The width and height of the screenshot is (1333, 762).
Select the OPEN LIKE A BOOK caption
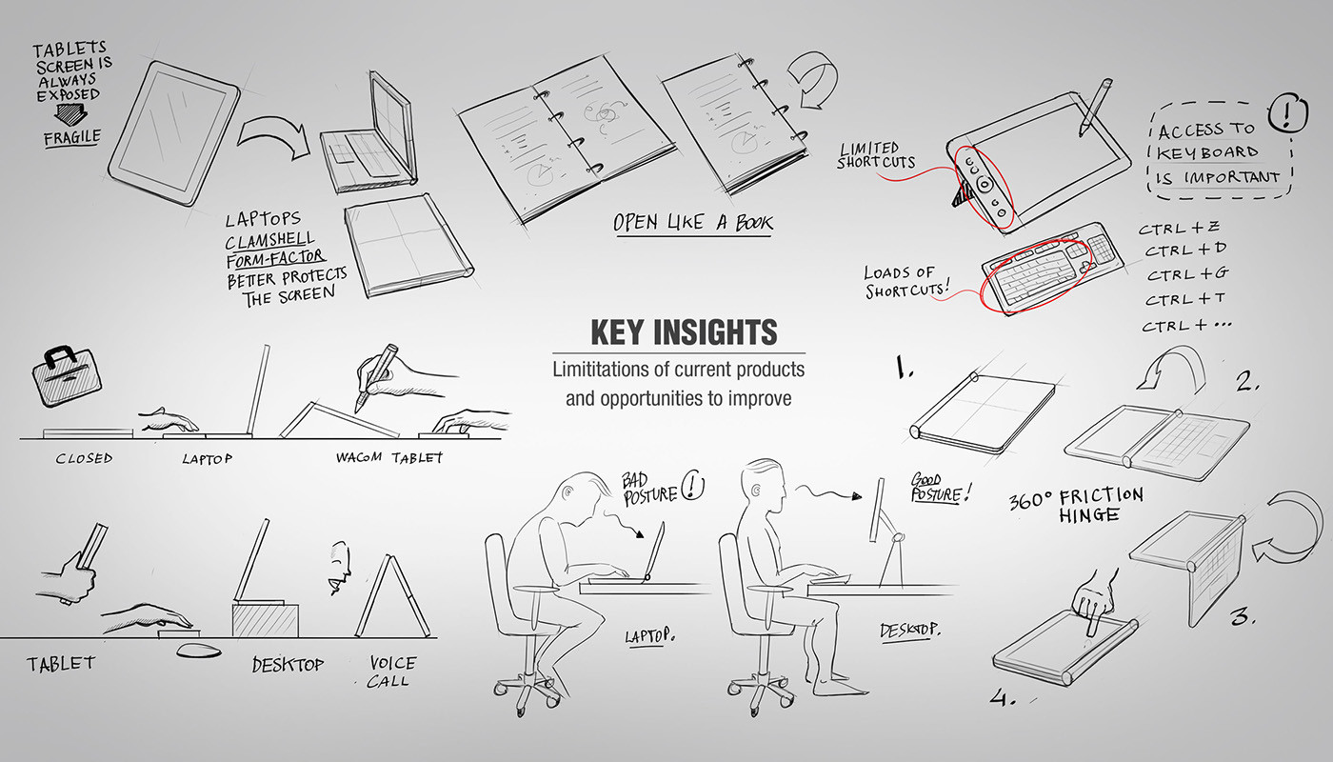click(693, 223)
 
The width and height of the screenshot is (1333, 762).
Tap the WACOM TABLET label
click(388, 457)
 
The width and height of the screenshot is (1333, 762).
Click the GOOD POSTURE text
click(941, 487)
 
